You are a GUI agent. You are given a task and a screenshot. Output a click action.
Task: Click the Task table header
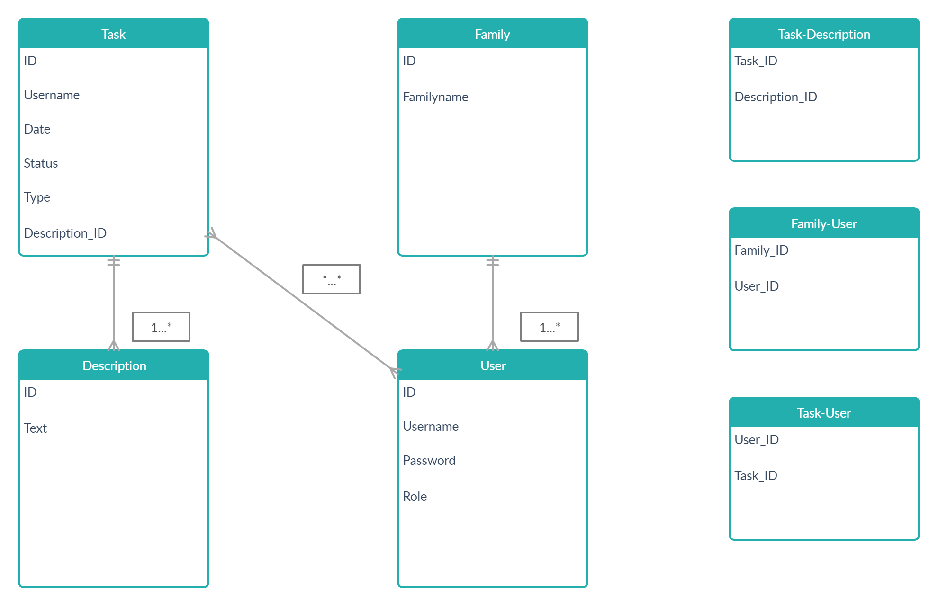pos(114,34)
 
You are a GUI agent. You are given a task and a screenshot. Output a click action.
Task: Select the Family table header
pos(493,34)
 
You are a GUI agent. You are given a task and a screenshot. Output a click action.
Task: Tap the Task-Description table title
pos(824,34)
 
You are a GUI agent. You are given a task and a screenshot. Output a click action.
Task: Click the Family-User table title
pos(824,223)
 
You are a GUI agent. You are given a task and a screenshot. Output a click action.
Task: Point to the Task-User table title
pos(824,413)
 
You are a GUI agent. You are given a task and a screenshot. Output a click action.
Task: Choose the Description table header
pos(114,365)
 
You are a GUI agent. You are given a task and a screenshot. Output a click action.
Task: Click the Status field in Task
pos(41,163)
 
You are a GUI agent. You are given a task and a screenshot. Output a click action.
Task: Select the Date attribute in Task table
pos(37,129)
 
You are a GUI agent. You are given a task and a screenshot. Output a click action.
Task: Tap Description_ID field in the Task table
pos(65,233)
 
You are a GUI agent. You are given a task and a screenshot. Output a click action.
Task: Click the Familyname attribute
pos(435,97)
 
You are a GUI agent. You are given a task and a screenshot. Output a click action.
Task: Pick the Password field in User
pos(429,461)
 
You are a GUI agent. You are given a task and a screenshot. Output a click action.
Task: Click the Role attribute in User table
pos(415,497)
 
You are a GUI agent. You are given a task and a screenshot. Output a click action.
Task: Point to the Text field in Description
pos(36,428)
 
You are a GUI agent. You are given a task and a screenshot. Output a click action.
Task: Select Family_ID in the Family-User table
pos(761,250)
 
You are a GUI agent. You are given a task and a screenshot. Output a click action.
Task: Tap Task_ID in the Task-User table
pos(756,476)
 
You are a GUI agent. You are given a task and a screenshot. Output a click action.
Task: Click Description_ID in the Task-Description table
pos(776,97)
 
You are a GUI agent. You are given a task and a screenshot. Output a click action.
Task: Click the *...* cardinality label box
pos(332,279)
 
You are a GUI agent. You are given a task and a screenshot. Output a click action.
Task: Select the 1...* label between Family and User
pos(550,327)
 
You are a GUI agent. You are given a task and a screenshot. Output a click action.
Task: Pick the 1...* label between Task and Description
pos(161,327)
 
